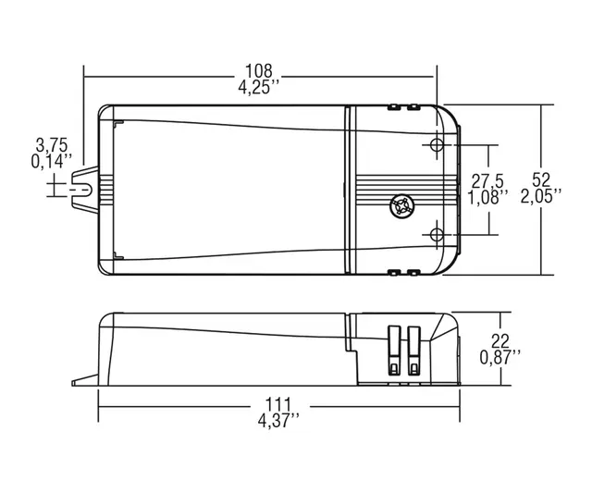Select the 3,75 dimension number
tap(51, 144)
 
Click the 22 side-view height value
tap(500, 339)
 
